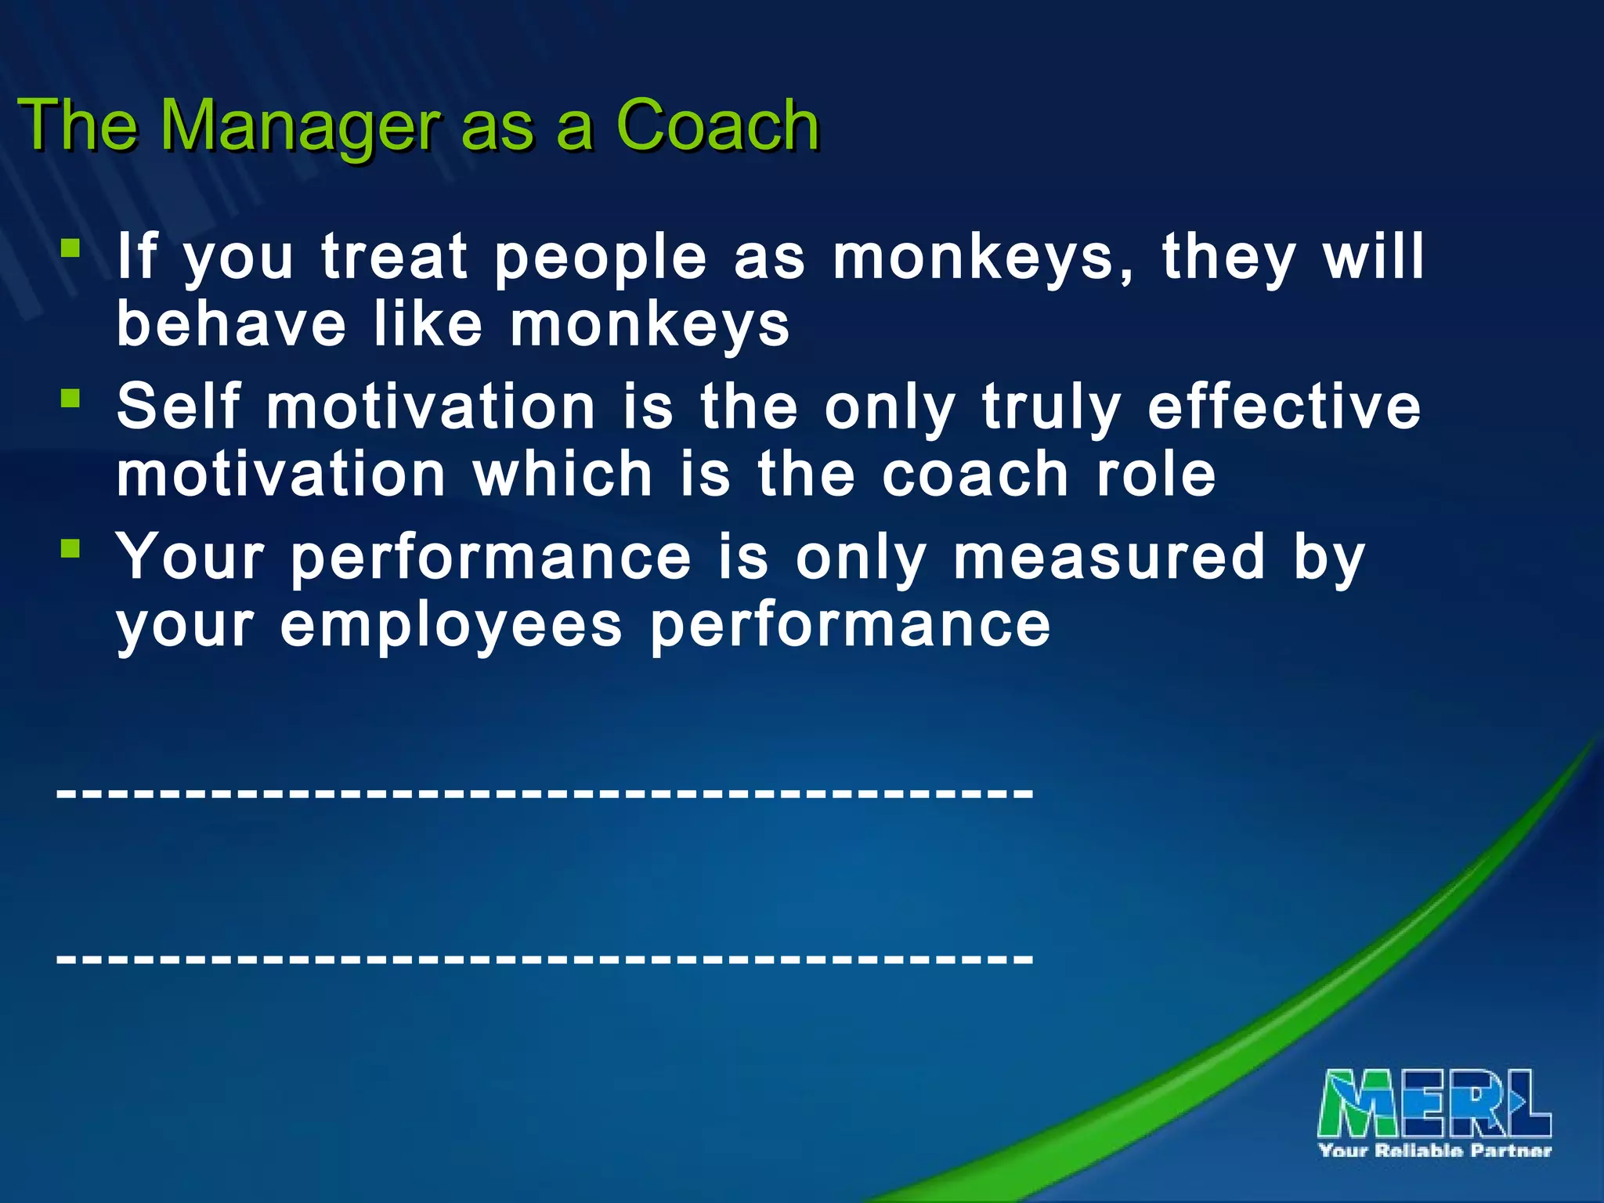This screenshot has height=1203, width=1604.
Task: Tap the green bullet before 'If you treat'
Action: pos(70,250)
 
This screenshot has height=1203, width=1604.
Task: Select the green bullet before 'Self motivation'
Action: pos(70,399)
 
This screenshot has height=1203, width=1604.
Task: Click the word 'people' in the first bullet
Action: pos(601,258)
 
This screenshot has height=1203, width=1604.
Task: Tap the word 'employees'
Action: pos(451,627)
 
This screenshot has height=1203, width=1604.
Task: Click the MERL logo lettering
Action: pos(1434,1104)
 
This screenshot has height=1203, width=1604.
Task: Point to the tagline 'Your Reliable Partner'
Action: pos(1435,1151)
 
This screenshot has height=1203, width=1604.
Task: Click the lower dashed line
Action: pos(545,958)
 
